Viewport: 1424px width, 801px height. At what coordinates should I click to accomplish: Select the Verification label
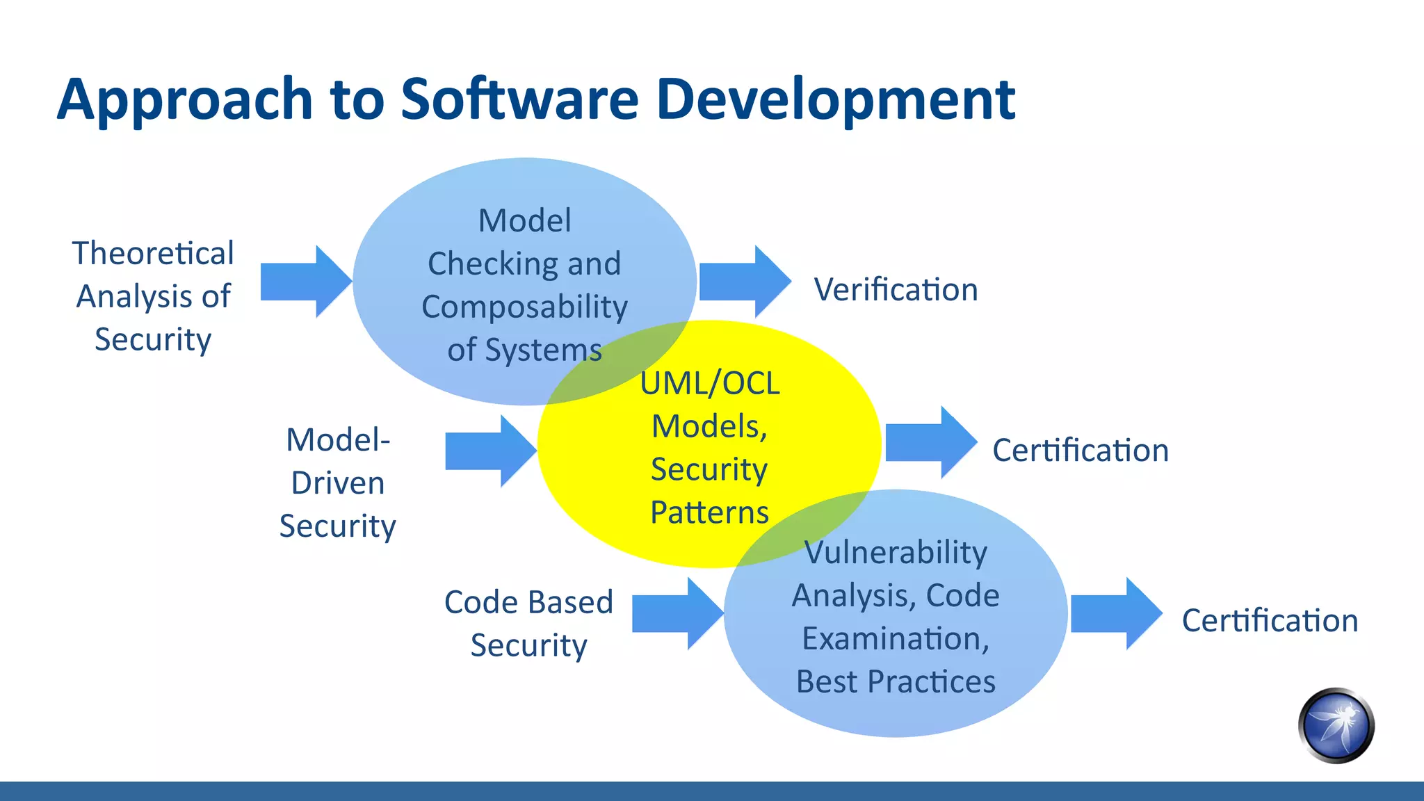896,290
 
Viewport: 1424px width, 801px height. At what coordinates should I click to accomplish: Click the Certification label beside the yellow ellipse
1080,451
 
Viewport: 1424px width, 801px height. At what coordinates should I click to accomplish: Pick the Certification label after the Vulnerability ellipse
1270,621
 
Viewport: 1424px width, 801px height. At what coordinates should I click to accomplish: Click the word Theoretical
153,253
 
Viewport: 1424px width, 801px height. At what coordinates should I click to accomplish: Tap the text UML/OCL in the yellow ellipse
709,384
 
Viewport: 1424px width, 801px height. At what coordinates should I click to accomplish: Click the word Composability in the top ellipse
524,307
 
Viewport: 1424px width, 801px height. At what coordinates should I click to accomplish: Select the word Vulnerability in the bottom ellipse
896,553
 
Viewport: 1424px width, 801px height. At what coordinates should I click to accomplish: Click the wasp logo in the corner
1336,726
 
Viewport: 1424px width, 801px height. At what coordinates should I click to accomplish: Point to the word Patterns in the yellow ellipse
709,513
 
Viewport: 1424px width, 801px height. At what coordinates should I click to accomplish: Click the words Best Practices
896,682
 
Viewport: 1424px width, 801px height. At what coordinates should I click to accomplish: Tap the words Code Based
528,602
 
